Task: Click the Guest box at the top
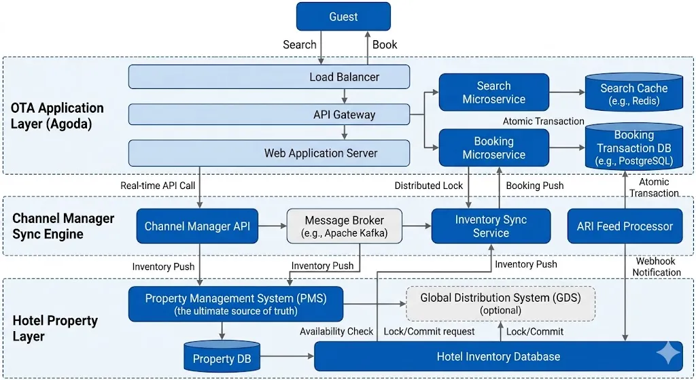pos(343,16)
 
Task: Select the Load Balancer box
pos(269,77)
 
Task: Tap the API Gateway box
pos(269,114)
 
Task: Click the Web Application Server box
pos(269,153)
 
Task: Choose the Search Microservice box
pos(493,92)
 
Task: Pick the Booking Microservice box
pos(493,148)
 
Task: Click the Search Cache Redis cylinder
pos(633,95)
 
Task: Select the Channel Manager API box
pos(197,226)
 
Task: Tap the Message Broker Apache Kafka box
pos(344,226)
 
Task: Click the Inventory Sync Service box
pos(491,226)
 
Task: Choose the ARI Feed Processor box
pos(625,226)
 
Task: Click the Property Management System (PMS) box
pos(236,304)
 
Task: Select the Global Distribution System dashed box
pos(500,303)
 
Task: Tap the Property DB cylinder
pos(223,358)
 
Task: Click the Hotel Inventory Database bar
pos(498,356)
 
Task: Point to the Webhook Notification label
pos(657,266)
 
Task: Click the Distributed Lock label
pos(428,186)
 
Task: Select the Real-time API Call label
pos(158,186)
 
